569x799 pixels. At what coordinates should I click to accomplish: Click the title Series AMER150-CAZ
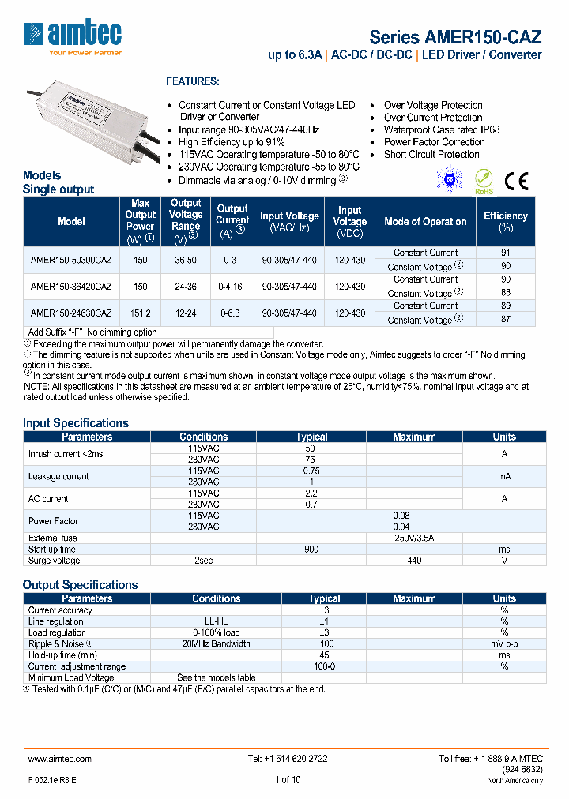pyautogui.click(x=455, y=37)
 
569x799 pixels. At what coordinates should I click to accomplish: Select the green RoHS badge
pyautogui.click(x=483, y=181)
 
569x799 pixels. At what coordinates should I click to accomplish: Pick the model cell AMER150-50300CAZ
pyautogui.click(x=71, y=260)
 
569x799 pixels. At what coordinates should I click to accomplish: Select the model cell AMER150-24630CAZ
pyautogui.click(x=71, y=313)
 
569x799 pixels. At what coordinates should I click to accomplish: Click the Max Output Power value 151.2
pyautogui.click(x=140, y=313)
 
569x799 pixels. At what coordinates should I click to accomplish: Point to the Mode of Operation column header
pyautogui.click(x=425, y=222)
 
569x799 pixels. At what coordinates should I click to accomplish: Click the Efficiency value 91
pyautogui.click(x=506, y=253)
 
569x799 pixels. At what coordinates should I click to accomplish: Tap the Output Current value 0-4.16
pyautogui.click(x=232, y=287)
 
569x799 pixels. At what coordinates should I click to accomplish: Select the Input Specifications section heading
pyautogui.click(x=75, y=422)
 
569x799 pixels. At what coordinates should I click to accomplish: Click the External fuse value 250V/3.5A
pyautogui.click(x=415, y=538)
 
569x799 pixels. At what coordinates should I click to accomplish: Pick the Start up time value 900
pyautogui.click(x=311, y=549)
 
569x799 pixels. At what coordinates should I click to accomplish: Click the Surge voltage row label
pyautogui.click(x=54, y=561)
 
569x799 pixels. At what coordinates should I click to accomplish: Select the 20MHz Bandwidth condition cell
pyautogui.click(x=216, y=643)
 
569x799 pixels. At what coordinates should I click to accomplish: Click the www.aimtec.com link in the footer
pyautogui.click(x=60, y=758)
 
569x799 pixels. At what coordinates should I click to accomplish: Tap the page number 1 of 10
pyautogui.click(x=288, y=780)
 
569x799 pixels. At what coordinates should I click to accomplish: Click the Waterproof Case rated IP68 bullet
pyautogui.click(x=442, y=129)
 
